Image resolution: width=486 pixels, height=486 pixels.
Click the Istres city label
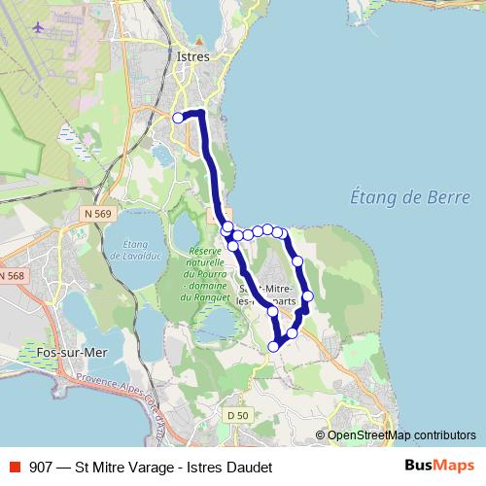click(194, 57)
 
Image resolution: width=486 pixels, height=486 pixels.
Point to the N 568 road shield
click(10, 277)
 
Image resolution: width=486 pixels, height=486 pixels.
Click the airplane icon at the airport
click(38, 26)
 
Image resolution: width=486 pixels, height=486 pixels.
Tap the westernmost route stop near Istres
click(178, 118)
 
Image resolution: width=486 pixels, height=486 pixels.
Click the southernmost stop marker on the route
click(275, 345)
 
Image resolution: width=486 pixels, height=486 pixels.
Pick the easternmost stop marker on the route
click(308, 296)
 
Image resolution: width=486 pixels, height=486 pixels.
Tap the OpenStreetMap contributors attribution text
click(401, 435)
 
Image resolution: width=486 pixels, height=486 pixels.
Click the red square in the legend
click(16, 468)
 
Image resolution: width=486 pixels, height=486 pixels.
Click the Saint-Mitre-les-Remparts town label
click(264, 294)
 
